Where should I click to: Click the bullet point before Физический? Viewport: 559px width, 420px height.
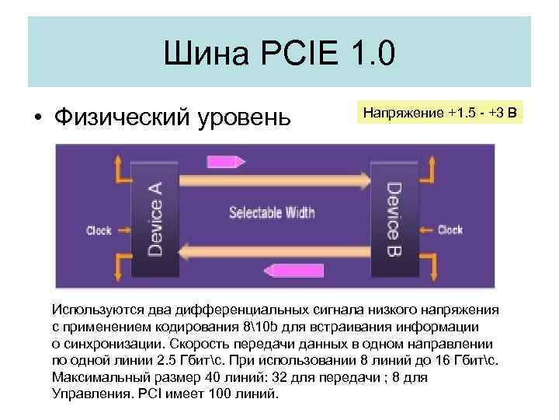click(36, 117)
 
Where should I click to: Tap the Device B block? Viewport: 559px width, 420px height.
click(394, 211)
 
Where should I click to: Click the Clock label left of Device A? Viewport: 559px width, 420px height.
click(99, 230)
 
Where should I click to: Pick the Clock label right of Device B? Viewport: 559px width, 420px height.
click(450, 229)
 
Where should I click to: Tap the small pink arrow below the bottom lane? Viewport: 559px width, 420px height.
click(286, 271)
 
